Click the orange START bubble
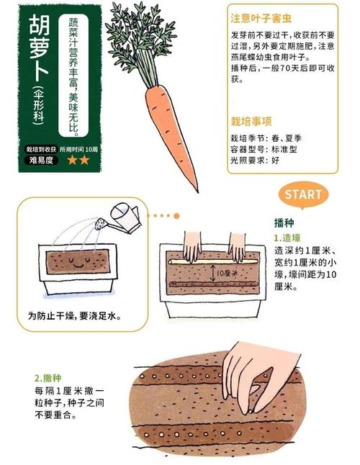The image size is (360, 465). point(303,194)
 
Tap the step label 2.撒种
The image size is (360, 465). point(48,377)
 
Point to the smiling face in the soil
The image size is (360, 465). point(78,258)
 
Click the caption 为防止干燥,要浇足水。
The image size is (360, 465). point(73,315)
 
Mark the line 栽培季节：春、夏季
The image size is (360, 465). point(267,137)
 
